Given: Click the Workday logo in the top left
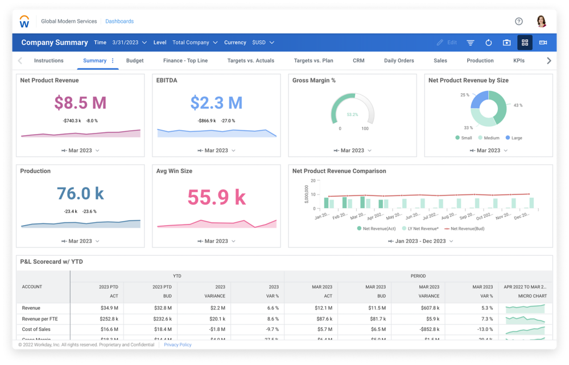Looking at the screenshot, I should click(x=24, y=22).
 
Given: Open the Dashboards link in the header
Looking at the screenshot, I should click(x=119, y=22).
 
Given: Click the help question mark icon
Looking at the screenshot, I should click(x=518, y=22).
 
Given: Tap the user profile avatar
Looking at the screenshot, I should click(x=541, y=22).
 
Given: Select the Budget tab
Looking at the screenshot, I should click(x=135, y=61).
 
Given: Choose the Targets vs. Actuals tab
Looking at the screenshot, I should click(x=250, y=61).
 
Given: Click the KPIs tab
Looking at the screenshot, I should click(x=518, y=61).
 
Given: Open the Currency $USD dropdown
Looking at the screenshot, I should click(x=262, y=43).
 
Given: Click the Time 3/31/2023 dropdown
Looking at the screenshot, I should click(x=130, y=43).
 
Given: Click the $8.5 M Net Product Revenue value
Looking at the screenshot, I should click(x=80, y=103).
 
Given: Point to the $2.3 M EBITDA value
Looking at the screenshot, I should click(x=216, y=103).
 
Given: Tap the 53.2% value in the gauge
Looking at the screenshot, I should click(x=352, y=115).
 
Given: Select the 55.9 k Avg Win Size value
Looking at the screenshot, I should click(x=216, y=197).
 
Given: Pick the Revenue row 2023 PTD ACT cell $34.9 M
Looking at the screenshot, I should click(x=110, y=308).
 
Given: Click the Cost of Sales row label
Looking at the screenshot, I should click(x=36, y=329).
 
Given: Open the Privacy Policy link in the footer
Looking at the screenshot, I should click(x=178, y=345).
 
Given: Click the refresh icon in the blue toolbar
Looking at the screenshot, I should click(x=488, y=43).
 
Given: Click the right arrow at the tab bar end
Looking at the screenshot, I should click(x=549, y=61).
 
